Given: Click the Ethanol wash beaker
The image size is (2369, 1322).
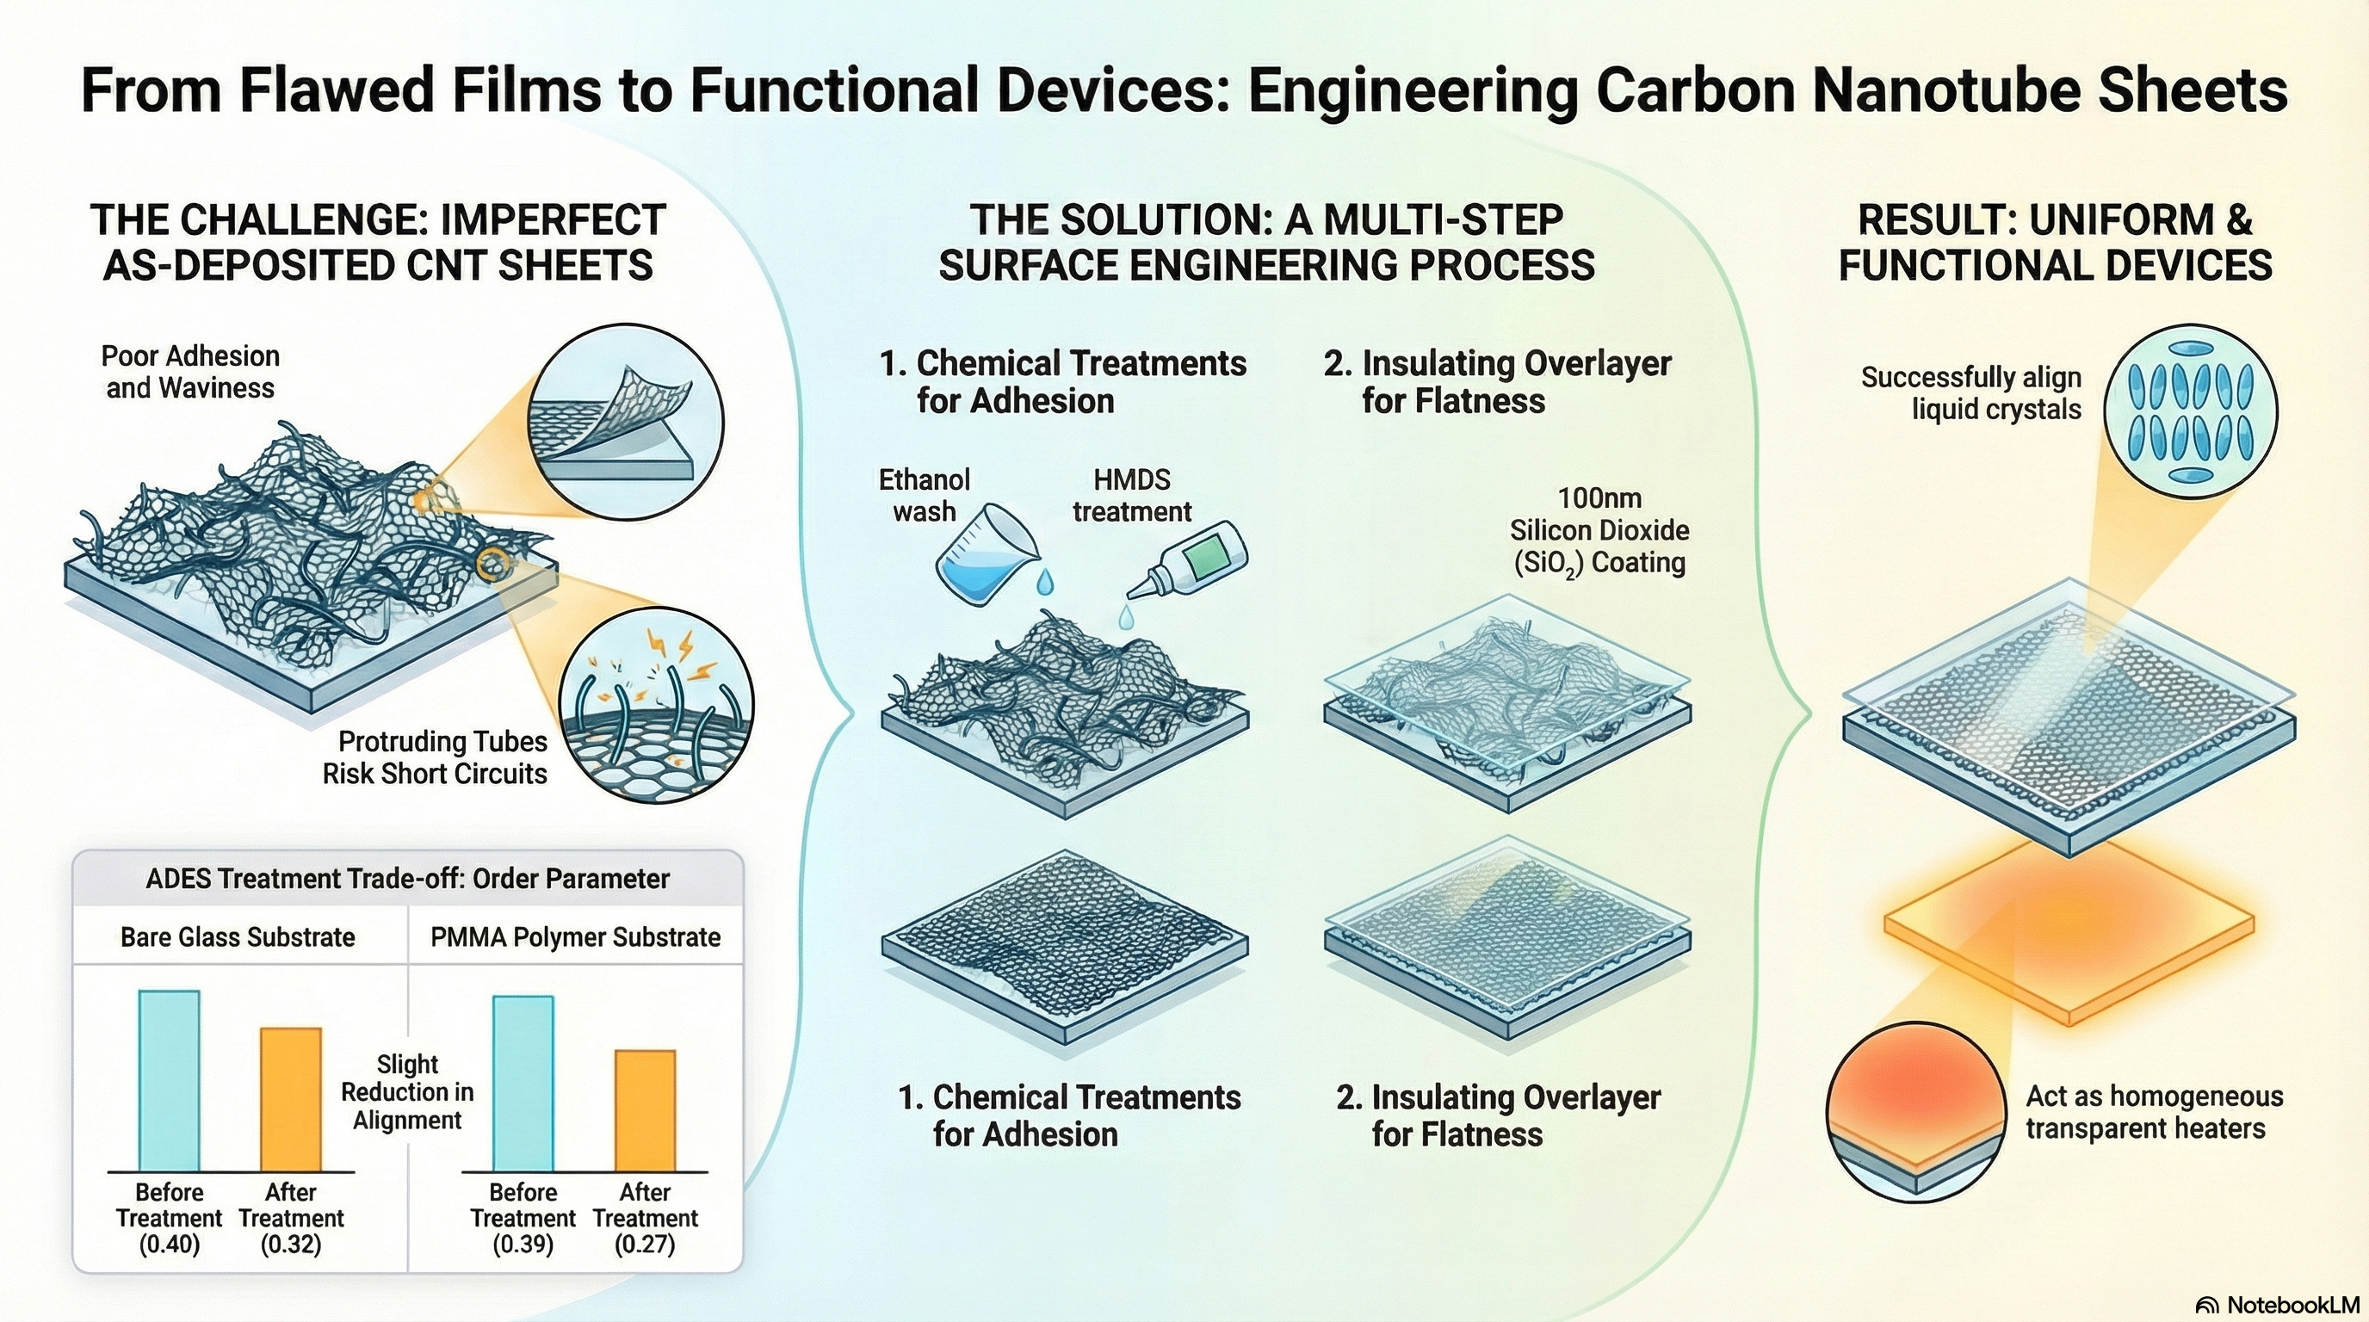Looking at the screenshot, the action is point(987,554).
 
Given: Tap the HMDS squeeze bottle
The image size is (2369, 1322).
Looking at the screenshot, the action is point(1189,561).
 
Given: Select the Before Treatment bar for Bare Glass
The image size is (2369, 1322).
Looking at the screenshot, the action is point(170,1080).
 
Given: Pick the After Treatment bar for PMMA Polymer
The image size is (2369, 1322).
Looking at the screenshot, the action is point(645,1110).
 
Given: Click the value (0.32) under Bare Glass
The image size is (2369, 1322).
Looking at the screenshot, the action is point(291,1245).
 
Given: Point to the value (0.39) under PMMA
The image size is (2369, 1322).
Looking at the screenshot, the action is point(523,1245).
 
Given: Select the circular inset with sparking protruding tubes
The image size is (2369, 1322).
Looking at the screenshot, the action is point(657,704).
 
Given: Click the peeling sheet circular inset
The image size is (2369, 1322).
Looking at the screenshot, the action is point(625,420).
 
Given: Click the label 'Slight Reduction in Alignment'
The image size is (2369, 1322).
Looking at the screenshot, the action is point(407,1092).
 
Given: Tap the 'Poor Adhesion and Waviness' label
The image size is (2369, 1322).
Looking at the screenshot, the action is point(190,372).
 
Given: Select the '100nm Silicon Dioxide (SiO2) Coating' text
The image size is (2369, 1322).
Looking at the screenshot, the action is point(1599,531).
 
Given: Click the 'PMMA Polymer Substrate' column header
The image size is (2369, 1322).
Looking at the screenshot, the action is point(576,936).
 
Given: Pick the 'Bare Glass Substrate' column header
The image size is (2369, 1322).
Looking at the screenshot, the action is point(238,936).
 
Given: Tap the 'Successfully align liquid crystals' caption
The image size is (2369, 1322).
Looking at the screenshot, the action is point(1971,392).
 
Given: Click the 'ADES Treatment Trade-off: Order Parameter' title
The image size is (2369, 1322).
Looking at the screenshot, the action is point(407,878).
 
